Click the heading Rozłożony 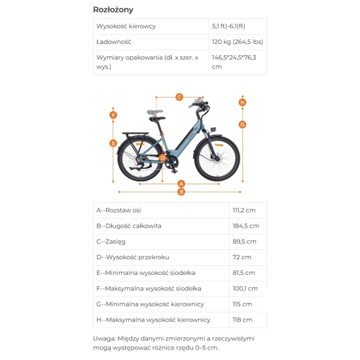(113, 10)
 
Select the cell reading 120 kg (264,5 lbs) (238, 42)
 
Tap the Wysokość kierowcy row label (126, 26)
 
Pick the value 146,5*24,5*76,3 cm (234, 62)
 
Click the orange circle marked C (179, 97)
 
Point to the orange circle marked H (242, 102)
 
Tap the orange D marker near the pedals (163, 158)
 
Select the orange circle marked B (181, 192)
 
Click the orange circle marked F (113, 115)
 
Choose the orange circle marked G (242, 124)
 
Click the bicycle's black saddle (157, 118)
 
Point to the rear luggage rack (135, 134)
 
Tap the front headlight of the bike (213, 129)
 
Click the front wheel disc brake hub (216, 158)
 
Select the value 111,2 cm (244, 210)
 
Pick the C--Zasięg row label (111, 242)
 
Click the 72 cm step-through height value (242, 257)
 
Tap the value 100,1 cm (245, 289)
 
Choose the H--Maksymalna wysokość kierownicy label (153, 320)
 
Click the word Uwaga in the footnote (104, 338)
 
